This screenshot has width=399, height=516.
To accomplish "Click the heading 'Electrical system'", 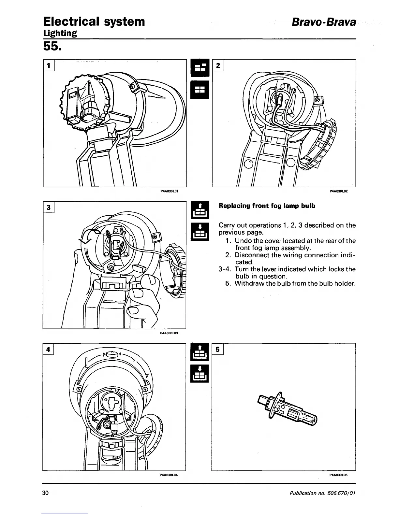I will tap(94, 21).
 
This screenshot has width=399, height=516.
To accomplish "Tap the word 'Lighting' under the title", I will tap(60, 33).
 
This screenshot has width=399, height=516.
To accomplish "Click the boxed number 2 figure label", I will tap(218, 65).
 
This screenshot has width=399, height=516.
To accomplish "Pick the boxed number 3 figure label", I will tap(49, 208).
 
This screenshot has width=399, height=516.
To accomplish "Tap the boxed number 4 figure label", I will tap(48, 349).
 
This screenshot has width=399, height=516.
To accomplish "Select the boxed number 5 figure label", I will tap(217, 349).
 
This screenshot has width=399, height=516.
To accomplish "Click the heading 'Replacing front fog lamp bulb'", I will tap(267, 206).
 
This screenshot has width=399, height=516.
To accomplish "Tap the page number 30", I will tap(45, 493).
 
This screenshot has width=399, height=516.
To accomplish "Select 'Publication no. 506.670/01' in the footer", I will tap(322, 493).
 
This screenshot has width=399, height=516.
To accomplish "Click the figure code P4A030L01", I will tap(169, 192).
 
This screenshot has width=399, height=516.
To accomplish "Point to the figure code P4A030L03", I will tap(169, 333).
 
